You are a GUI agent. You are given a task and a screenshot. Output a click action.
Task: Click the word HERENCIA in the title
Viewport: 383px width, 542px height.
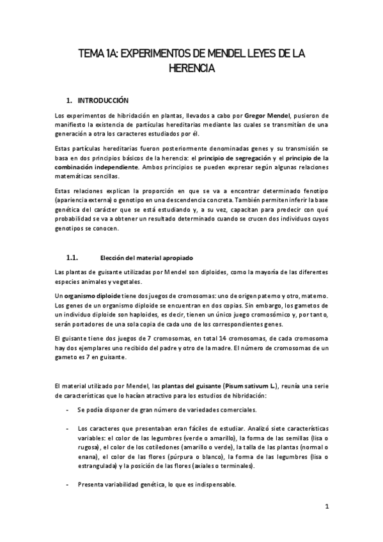191,67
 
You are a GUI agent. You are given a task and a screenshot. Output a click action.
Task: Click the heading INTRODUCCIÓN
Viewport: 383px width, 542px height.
103,100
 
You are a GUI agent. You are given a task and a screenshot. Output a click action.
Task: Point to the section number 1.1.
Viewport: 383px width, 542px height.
72,240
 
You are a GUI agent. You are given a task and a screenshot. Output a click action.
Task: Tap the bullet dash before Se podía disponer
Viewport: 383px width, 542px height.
68,409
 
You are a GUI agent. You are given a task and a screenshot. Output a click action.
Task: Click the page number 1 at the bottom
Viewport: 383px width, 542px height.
326,507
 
